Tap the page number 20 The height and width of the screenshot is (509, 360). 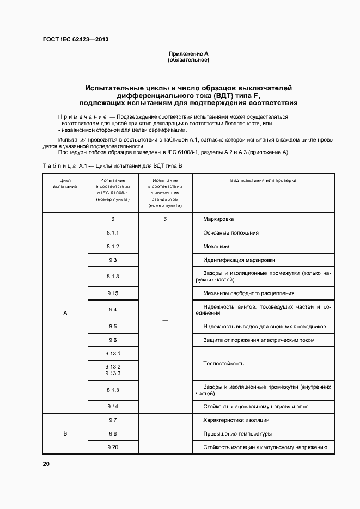tap(46, 464)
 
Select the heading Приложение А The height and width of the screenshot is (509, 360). tap(188, 54)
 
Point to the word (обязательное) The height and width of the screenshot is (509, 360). tap(188, 60)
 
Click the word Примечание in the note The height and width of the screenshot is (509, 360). tap(82, 117)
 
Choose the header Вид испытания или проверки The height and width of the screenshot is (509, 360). tap(264, 180)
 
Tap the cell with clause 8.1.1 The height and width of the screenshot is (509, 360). tap(113, 232)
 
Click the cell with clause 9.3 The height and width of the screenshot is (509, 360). tap(113, 260)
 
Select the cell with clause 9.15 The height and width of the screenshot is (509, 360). tap(113, 293)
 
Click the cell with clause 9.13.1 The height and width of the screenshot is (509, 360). tap(113, 354)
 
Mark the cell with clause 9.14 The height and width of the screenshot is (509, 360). tap(113, 406)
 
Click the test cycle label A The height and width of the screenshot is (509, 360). tap(65, 313)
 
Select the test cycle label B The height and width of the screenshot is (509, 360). tap(65, 434)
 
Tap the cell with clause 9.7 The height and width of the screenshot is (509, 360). tap(113, 420)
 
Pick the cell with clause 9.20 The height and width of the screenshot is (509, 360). tap(113, 447)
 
